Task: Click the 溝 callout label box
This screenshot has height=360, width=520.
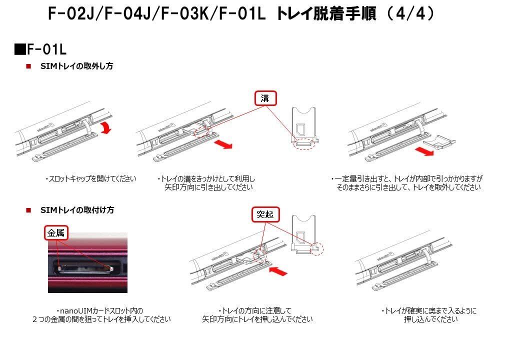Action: click(265, 98)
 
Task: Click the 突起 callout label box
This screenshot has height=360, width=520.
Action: click(265, 215)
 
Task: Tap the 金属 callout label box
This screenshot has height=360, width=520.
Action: click(55, 232)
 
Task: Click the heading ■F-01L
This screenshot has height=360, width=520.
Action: click(40, 49)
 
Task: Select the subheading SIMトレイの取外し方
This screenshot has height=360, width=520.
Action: click(76, 66)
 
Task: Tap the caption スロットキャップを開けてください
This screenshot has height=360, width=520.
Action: click(90, 178)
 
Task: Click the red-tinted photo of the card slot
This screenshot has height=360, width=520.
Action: click(87, 262)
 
